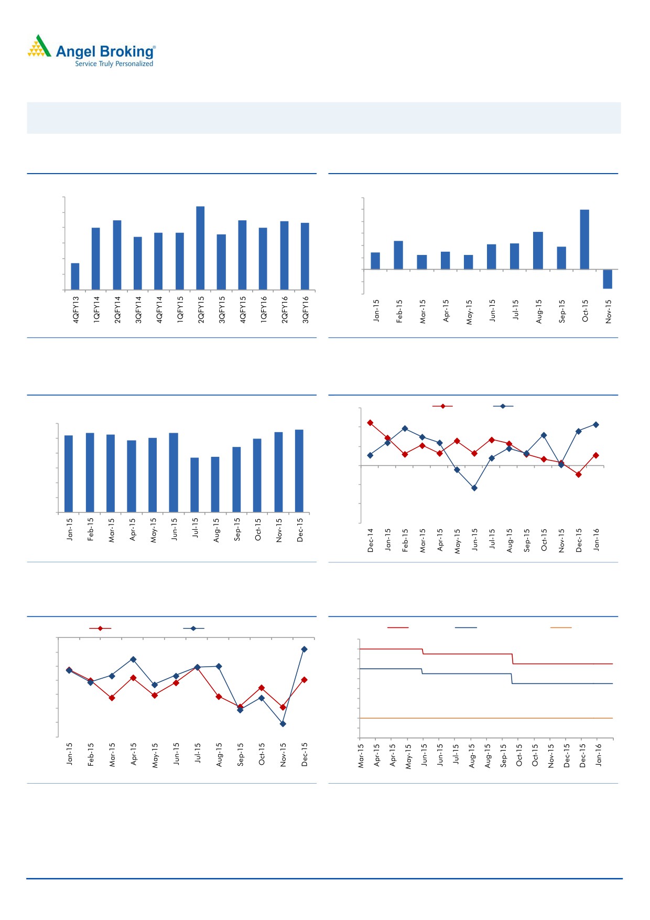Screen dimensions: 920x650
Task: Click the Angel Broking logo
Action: (91, 51)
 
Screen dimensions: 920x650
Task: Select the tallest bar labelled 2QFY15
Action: (200, 248)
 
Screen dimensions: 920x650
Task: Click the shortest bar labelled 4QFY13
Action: (75, 276)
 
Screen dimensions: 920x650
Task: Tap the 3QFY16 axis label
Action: (306, 309)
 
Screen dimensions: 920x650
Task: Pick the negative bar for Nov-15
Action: (608, 279)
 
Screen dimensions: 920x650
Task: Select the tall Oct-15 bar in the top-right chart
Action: (584, 239)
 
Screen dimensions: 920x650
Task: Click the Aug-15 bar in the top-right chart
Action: (538, 250)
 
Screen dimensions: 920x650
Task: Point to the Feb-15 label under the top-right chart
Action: (399, 311)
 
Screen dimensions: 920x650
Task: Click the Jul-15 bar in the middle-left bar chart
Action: (194, 485)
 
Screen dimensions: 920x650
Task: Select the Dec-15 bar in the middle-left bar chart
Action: (299, 470)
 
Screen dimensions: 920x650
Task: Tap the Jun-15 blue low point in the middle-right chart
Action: (474, 488)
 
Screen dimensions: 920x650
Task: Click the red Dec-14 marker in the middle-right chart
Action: (370, 422)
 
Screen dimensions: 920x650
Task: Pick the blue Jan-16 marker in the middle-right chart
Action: (596, 424)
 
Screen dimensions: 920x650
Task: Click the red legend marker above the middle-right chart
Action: (442, 406)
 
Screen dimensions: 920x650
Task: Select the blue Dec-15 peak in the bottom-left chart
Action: (304, 649)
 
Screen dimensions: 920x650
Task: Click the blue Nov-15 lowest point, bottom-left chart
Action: (283, 724)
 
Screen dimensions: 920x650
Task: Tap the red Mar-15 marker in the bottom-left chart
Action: (112, 698)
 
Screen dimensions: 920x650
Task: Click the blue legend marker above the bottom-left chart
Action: (193, 628)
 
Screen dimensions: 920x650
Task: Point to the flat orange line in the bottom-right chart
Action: (485, 718)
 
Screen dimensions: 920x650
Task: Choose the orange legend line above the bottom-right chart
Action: (561, 627)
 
